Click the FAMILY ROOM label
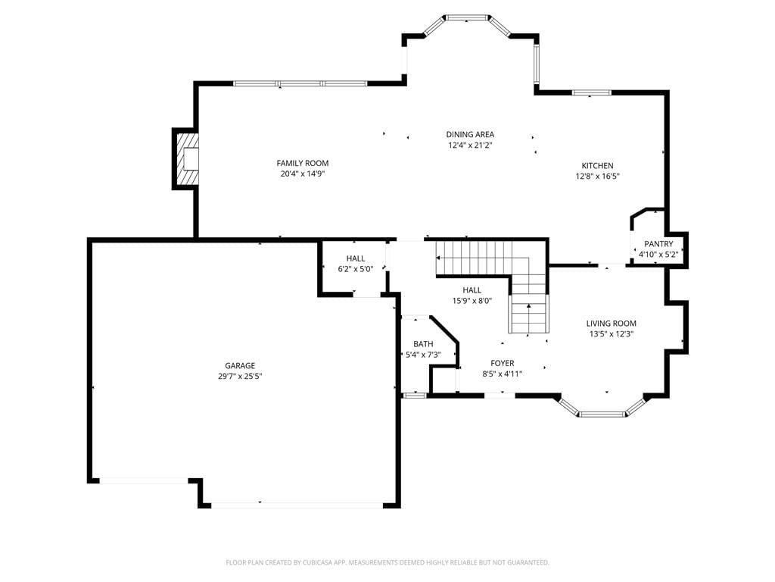coord(303,164)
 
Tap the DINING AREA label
coord(470,135)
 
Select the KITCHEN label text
coord(598,166)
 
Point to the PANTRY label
coord(658,244)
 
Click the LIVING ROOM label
coord(612,324)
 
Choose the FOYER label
coord(503,363)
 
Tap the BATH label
coord(423,344)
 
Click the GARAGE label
coord(240,366)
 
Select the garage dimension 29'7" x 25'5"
coord(240,376)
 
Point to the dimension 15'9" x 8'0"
coord(472,300)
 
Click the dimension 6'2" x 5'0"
coord(356,269)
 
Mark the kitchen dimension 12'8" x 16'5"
coord(598,176)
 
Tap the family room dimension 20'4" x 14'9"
coord(303,174)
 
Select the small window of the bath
coord(414,395)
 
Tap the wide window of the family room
coord(300,83)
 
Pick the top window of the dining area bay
coord(467,18)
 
